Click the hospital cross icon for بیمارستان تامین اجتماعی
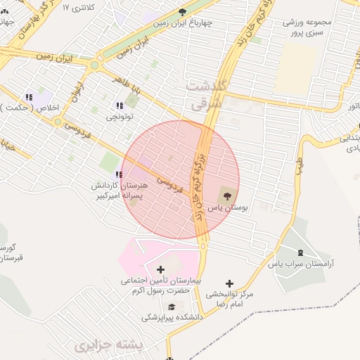tap(161, 269)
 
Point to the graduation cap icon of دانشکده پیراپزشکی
tap(172, 307)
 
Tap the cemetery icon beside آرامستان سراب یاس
tap(301, 252)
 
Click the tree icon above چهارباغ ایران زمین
tap(183, 12)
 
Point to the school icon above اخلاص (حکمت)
tap(29, 97)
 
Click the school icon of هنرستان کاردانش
tap(119, 174)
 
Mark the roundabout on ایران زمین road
tap(94, 65)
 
